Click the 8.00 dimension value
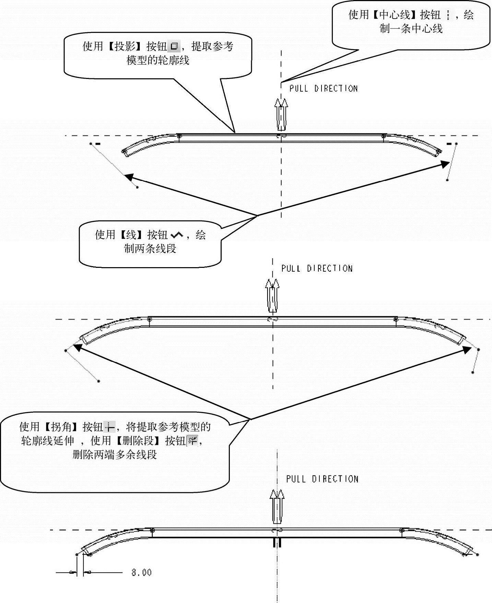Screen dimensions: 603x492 141,572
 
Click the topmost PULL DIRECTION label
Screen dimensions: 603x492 324,89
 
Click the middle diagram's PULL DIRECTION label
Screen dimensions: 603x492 317,269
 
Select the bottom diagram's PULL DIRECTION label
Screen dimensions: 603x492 322,479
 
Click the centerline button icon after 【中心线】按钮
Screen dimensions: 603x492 448,15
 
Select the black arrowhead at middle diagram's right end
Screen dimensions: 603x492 467,350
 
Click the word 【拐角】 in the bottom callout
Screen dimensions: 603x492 61,427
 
